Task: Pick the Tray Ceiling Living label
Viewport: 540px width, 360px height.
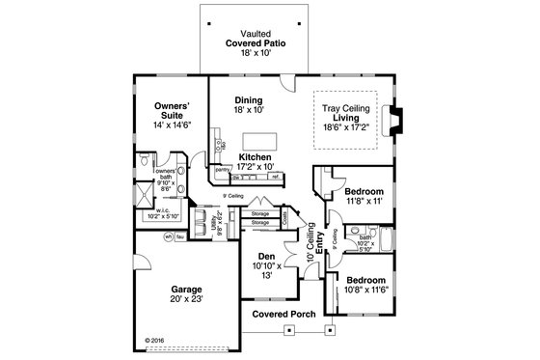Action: (349, 119)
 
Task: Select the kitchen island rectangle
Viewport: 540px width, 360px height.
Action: (256, 141)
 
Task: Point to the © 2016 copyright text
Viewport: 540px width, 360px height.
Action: (154, 340)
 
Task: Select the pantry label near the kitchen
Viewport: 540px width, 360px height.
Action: (223, 170)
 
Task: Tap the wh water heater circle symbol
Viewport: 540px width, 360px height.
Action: (168, 237)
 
